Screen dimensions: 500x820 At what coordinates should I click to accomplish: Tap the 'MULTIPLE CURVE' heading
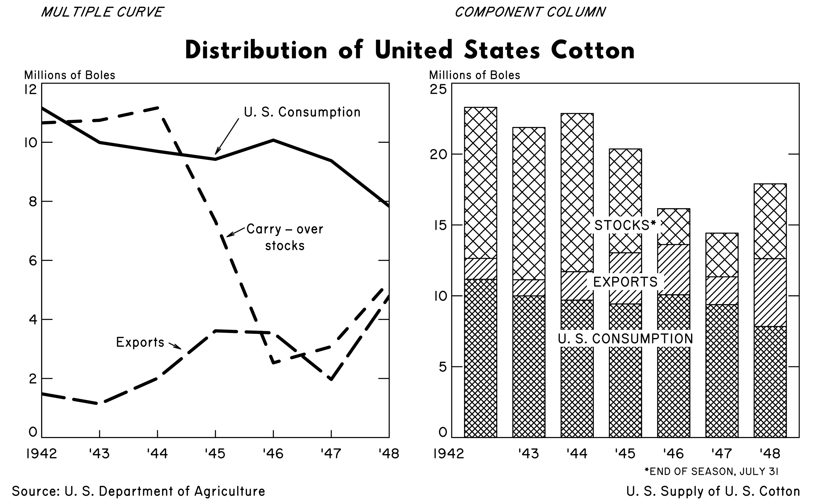click(102, 12)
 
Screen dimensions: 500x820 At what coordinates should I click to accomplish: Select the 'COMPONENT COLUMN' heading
click(530, 12)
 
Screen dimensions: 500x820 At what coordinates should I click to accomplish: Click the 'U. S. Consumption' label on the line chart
click(302, 112)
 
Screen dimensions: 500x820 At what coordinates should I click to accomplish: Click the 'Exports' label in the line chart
click(140, 342)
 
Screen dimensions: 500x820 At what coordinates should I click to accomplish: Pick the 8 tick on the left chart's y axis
click(33, 202)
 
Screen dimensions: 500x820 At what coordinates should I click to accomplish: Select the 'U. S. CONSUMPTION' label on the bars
click(625, 339)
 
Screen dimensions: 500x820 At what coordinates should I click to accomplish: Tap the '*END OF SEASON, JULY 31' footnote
click(712, 471)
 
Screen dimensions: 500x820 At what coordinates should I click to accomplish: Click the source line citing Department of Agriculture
click(139, 491)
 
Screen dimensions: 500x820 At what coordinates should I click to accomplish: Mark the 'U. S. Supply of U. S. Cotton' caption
click(713, 491)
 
